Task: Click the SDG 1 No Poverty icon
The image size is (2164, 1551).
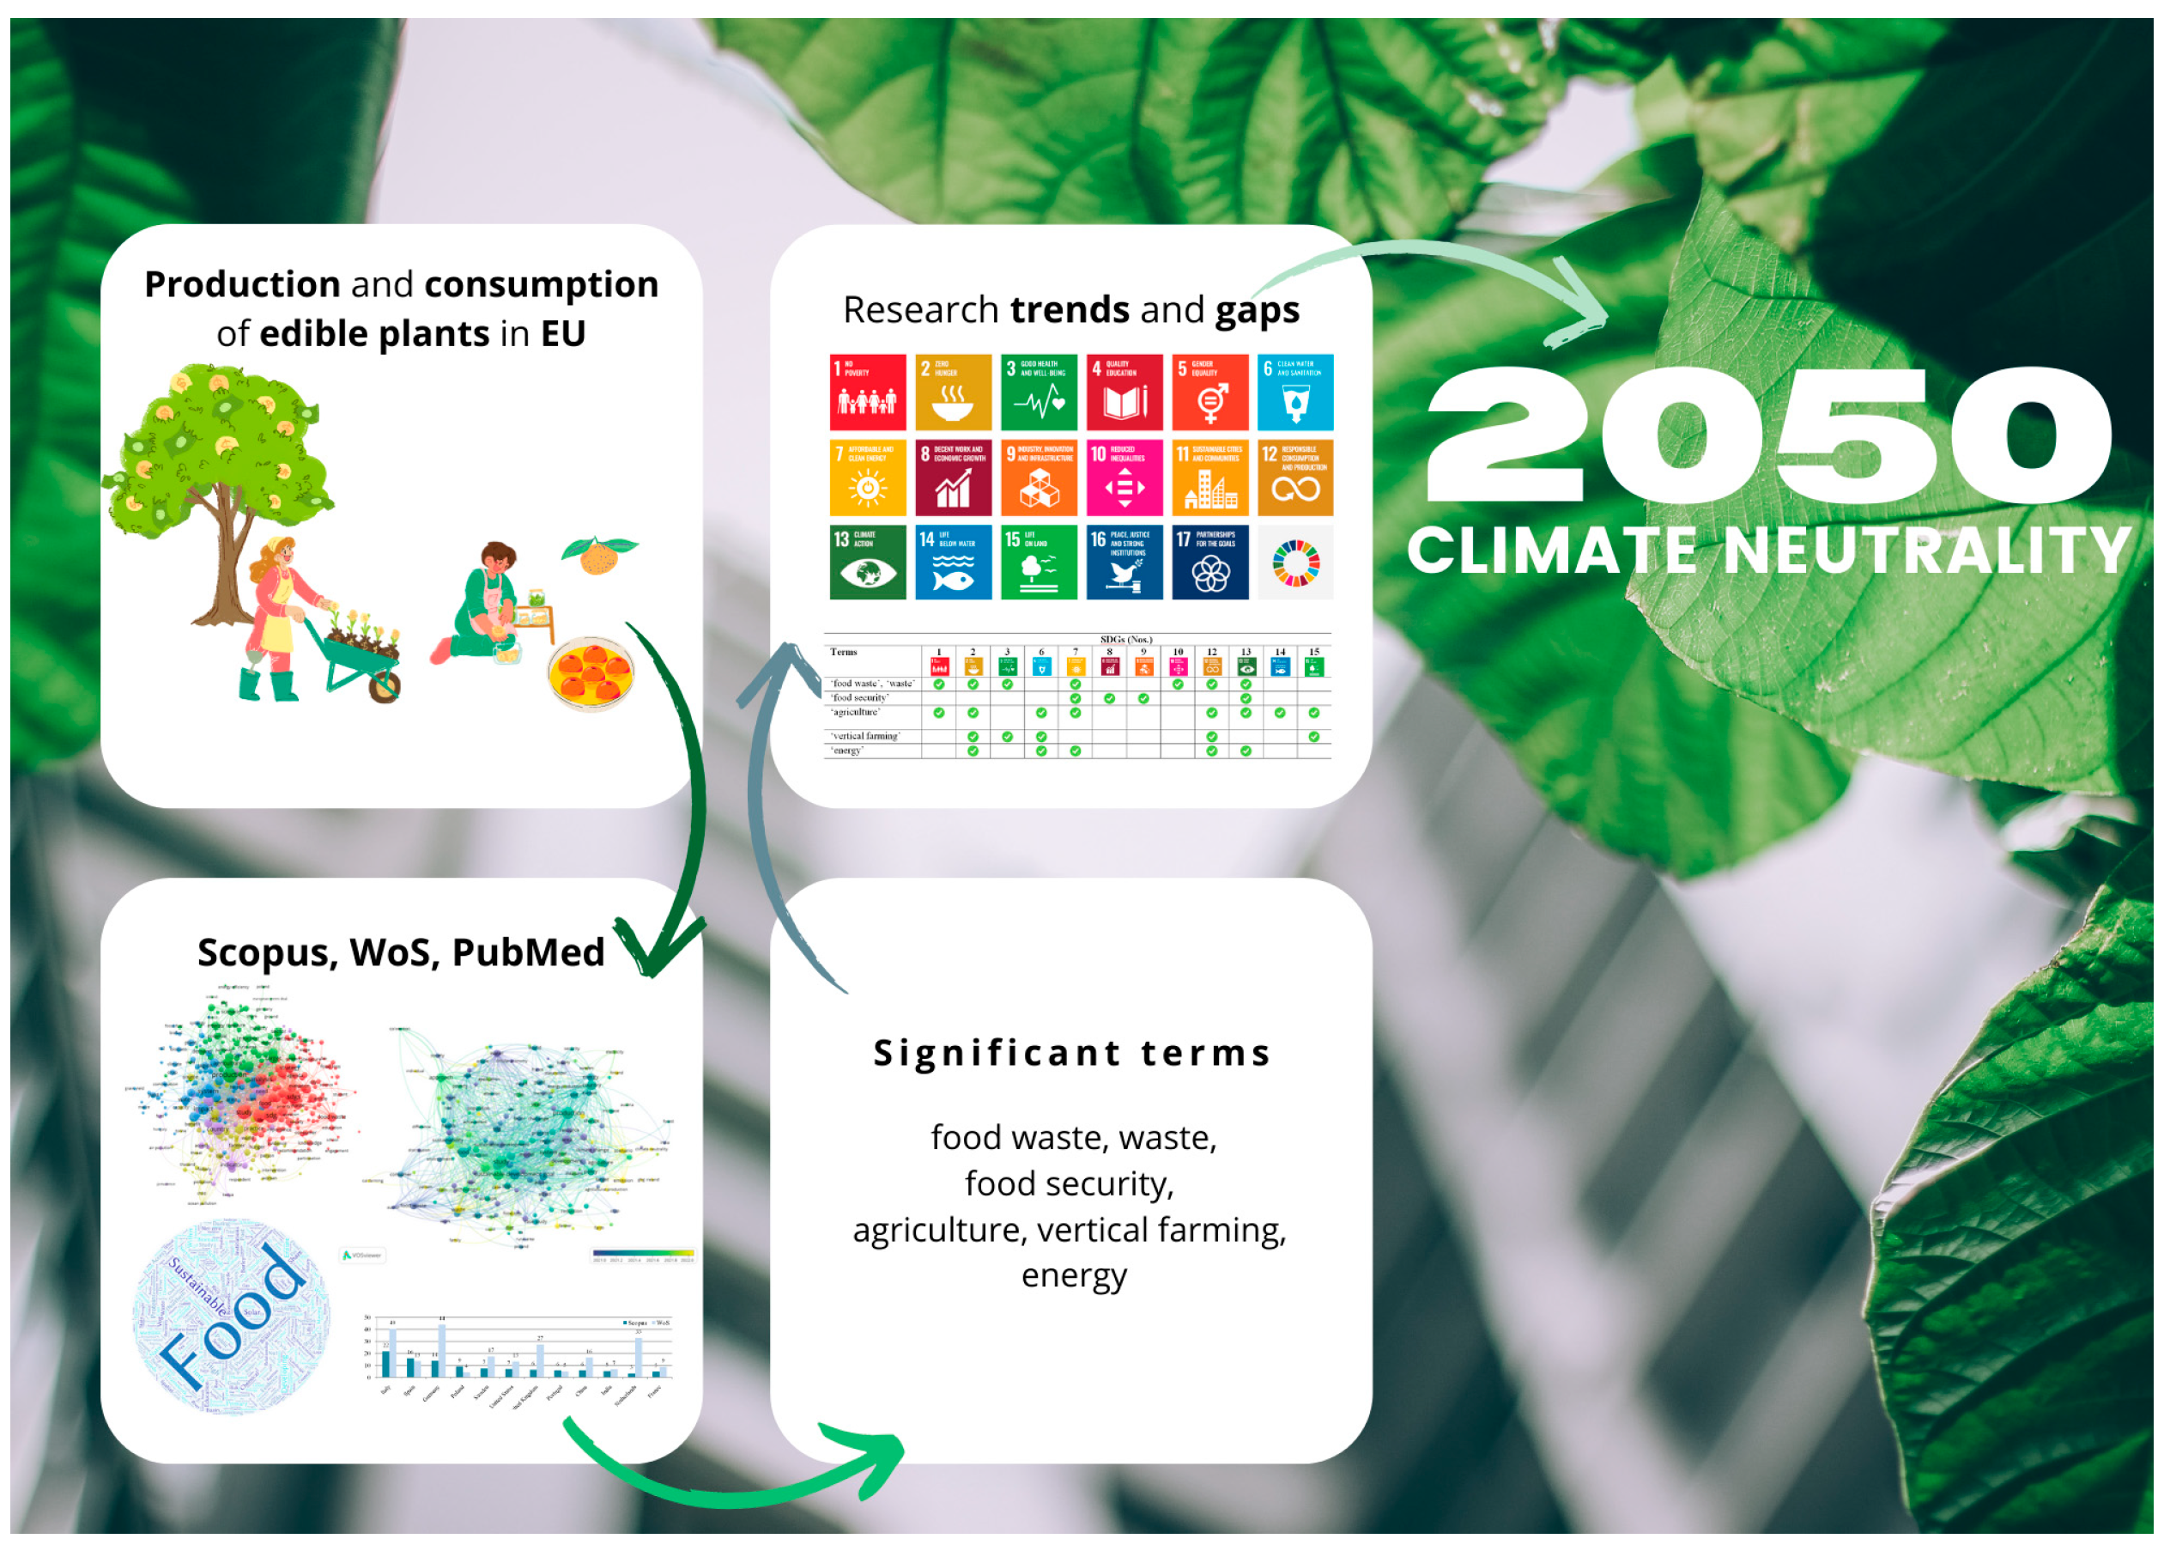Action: (867, 392)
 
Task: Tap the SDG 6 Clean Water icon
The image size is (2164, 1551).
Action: (1294, 392)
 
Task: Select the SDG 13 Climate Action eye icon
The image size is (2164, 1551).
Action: (867, 563)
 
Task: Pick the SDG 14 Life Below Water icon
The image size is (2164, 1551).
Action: (953, 563)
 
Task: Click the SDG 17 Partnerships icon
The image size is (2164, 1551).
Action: (1209, 563)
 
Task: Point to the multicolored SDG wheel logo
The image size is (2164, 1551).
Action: (1294, 563)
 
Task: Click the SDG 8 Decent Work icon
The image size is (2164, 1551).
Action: (953, 477)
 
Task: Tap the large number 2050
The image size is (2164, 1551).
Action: (1767, 435)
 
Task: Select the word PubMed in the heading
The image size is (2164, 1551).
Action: (528, 952)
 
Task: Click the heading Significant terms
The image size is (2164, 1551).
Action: (1071, 1053)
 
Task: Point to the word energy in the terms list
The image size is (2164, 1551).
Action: (1073, 1275)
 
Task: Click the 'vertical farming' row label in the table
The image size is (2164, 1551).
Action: (864, 736)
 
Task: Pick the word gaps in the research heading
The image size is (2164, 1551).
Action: (1257, 310)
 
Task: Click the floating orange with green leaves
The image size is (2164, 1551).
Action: (599, 555)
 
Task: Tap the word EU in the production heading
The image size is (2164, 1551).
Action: (563, 333)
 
